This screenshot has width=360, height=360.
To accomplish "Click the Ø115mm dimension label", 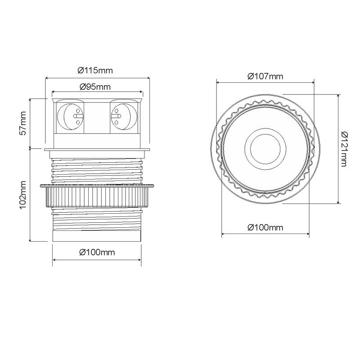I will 94,70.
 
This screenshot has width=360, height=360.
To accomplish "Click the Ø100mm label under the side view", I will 97,252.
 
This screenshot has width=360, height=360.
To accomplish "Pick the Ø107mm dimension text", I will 265,76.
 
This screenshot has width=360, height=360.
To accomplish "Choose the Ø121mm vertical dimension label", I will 345,149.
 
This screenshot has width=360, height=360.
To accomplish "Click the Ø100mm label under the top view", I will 265,228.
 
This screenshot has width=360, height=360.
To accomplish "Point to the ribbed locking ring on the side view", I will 97,195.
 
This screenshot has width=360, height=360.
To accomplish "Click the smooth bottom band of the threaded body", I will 97,235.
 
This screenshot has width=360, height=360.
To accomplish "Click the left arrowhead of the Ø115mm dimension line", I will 46,78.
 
